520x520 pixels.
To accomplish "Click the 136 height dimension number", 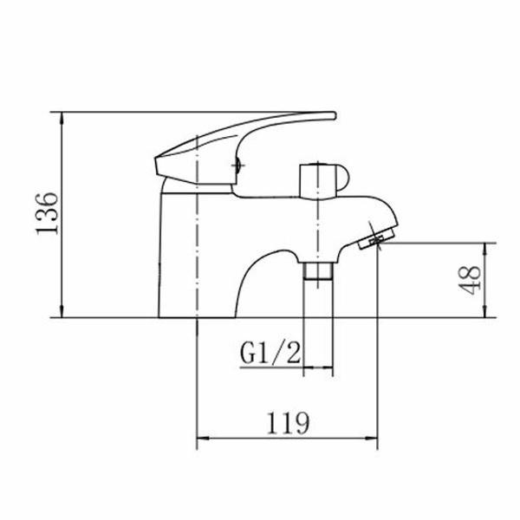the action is point(47,213).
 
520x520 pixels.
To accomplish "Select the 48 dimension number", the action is point(470,280).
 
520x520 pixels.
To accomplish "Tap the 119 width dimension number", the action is point(288,423).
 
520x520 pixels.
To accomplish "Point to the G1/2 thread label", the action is point(270,353).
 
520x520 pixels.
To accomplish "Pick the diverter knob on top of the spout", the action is point(323,181).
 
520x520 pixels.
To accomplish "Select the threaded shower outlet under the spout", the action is point(318,270).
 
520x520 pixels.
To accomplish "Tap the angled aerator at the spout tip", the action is point(377,238).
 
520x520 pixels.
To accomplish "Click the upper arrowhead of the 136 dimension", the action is point(62,118).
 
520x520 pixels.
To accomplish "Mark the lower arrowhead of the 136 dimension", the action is point(62,312).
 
